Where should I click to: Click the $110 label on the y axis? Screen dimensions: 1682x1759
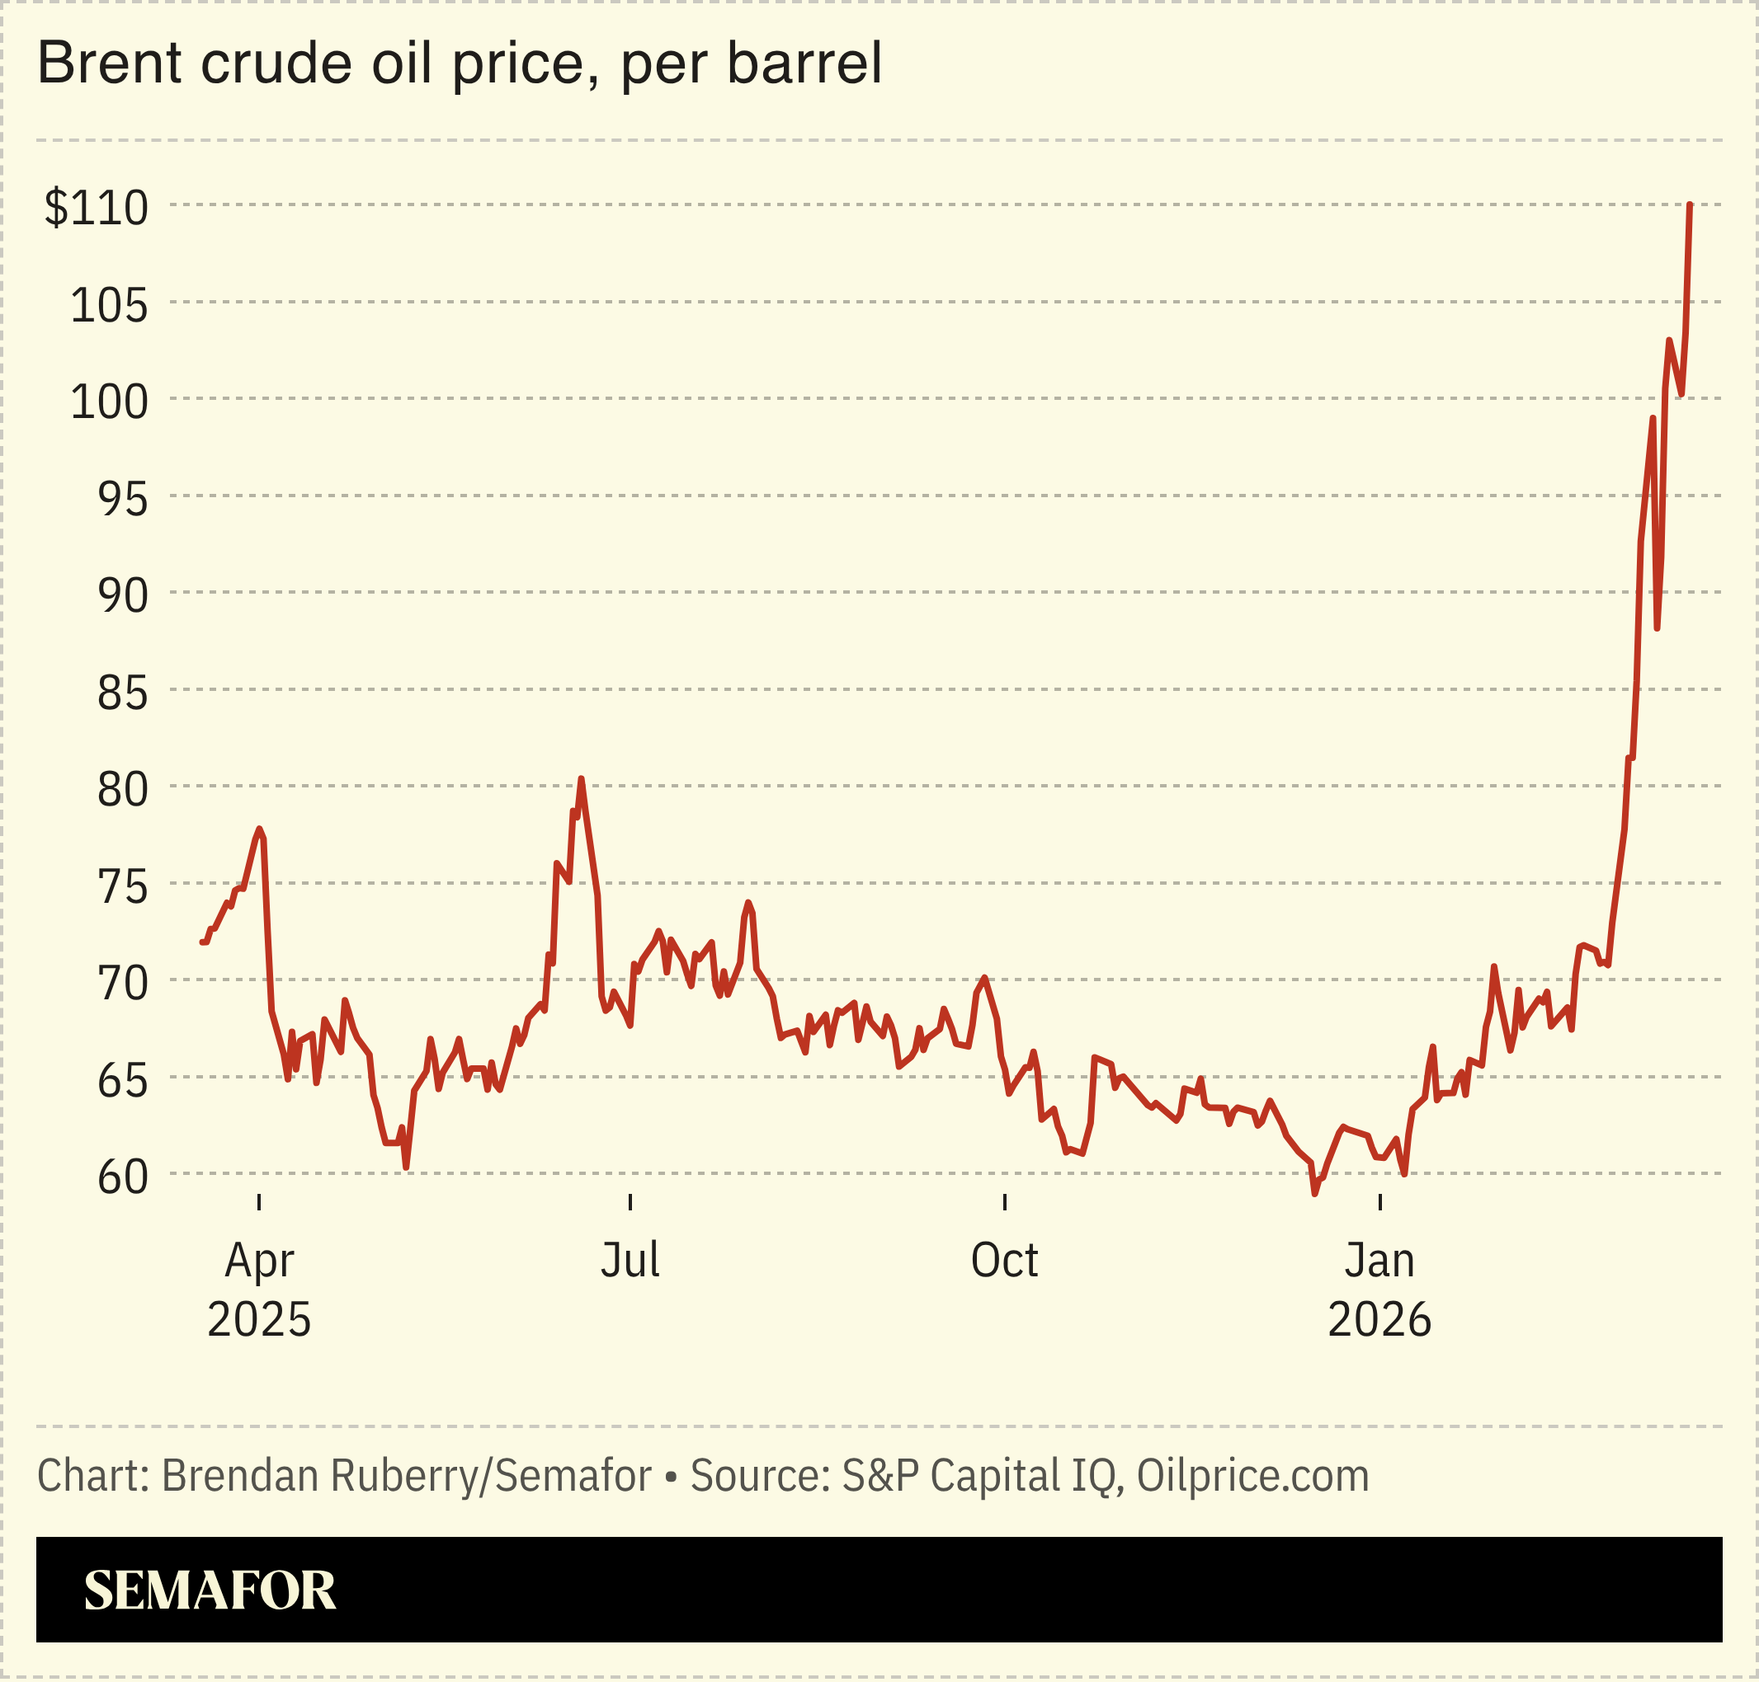pos(96,208)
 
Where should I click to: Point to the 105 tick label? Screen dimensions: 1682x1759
pos(109,306)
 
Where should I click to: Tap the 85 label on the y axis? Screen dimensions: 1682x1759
pos(122,693)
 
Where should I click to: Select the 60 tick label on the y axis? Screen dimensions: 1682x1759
pos(122,1177)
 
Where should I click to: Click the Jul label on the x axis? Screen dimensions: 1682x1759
pos(630,1261)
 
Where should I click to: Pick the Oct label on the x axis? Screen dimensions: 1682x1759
pos(1004,1261)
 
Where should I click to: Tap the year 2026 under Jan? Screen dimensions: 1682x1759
pos(1379,1320)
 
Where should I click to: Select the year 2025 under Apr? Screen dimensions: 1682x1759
pos(258,1320)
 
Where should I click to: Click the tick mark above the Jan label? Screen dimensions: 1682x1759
pos(1379,1202)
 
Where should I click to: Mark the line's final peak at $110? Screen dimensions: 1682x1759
pos(1689,205)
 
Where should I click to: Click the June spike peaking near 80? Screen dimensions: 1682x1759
pos(582,779)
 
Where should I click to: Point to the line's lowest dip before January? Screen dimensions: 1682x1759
pos(1314,1193)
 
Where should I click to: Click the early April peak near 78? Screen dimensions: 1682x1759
pos(258,829)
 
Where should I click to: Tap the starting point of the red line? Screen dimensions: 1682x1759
pos(202,942)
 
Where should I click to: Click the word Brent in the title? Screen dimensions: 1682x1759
pos(105,63)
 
